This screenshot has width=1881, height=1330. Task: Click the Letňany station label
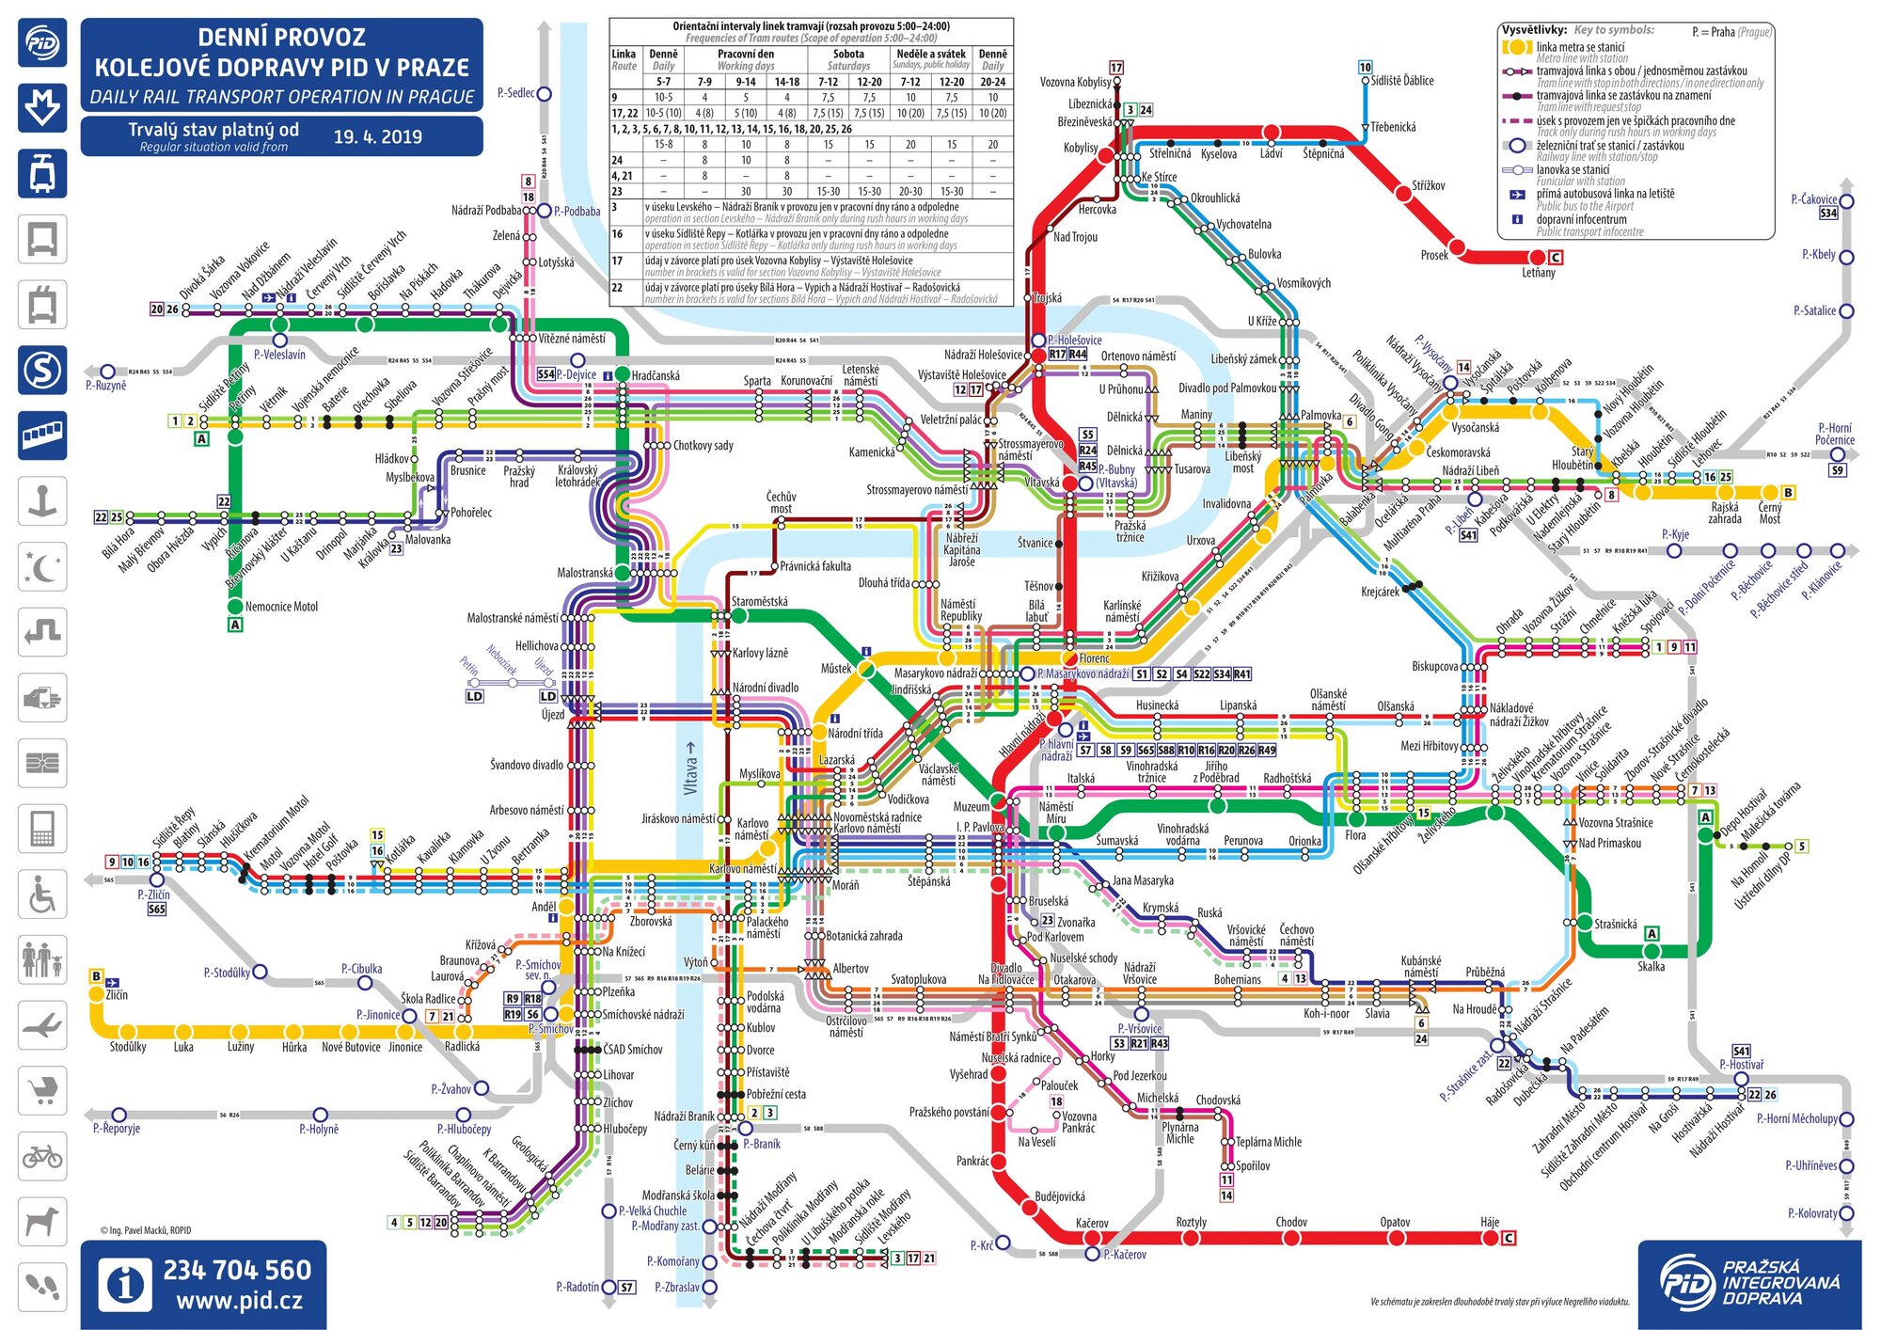[x=1539, y=273]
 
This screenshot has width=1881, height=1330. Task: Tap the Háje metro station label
[x=1490, y=1222]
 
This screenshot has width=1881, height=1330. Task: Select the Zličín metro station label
[x=117, y=994]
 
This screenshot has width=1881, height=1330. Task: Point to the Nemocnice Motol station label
[x=281, y=607]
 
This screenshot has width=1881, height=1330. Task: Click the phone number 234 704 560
[x=237, y=1271]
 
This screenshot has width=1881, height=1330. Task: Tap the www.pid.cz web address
[x=239, y=1302]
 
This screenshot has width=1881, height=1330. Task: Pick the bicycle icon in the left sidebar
[x=42, y=1155]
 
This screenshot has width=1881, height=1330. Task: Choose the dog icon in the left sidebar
[x=42, y=1221]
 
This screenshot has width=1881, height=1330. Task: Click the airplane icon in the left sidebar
[x=42, y=1024]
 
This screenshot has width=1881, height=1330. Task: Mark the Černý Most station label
[x=1769, y=513]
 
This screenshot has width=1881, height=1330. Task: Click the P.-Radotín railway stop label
[x=577, y=1287]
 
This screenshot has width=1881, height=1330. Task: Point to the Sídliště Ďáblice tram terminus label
[x=1402, y=81]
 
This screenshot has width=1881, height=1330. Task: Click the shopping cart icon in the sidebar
[x=42, y=1090]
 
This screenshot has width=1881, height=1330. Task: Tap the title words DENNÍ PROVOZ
[x=281, y=38]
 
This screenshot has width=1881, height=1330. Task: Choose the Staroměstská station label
[x=760, y=602]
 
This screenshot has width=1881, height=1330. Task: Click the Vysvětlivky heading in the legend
[x=1533, y=30]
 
